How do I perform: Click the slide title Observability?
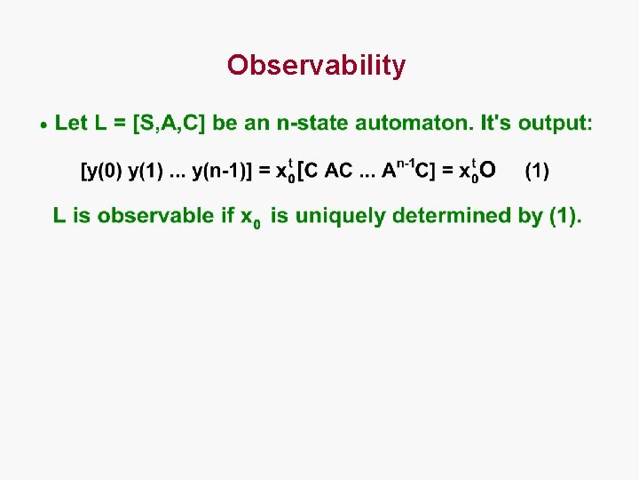tap(316, 65)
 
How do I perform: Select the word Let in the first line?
tap(71, 123)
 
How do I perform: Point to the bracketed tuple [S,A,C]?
tap(169, 124)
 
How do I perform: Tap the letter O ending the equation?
tap(488, 169)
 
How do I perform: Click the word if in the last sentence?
tap(228, 215)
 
